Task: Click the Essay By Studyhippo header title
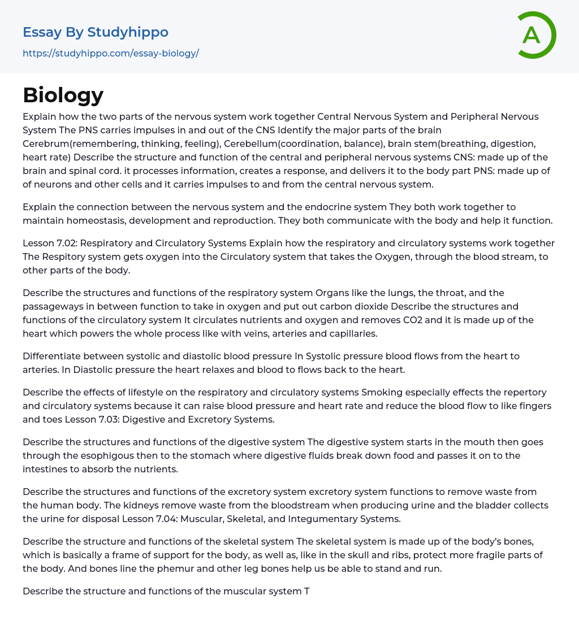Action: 96,32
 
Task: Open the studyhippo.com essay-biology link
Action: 111,53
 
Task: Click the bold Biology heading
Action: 63,95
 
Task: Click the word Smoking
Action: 381,392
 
